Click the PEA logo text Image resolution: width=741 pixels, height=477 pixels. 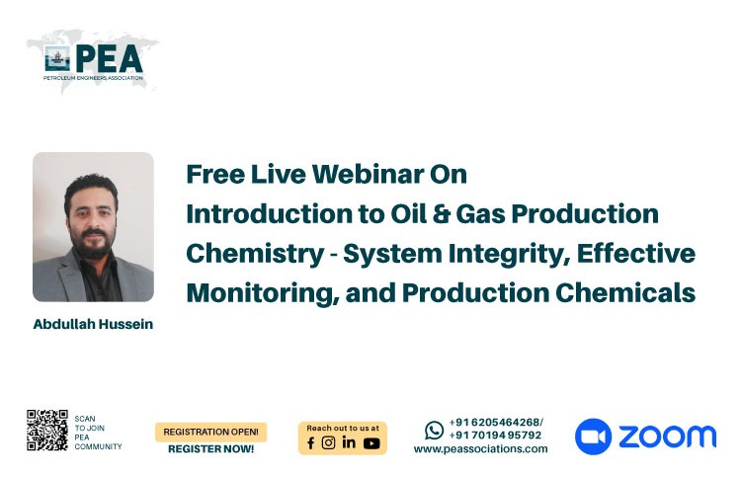[x=109, y=58]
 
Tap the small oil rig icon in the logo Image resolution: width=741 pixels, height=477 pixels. [x=57, y=58]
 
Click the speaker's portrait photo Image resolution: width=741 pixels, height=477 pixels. [x=93, y=227]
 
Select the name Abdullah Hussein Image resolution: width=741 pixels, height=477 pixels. [x=93, y=324]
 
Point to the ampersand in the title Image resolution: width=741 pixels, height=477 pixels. [x=441, y=213]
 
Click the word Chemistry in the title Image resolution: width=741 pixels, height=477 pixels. [x=255, y=255]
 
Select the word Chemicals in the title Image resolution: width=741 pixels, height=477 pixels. [x=625, y=292]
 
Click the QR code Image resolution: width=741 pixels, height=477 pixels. [x=47, y=431]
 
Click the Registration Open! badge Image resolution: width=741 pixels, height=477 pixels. [x=210, y=432]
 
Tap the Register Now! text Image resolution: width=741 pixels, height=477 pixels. [x=210, y=449]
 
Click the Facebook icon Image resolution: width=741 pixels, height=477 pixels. [x=310, y=443]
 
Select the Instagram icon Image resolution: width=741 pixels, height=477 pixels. [x=328, y=442]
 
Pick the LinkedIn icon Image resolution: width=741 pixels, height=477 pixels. [x=349, y=442]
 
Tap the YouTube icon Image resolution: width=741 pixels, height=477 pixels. [x=371, y=443]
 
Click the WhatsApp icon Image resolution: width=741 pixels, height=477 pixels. [x=434, y=431]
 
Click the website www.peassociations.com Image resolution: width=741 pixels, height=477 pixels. [x=480, y=449]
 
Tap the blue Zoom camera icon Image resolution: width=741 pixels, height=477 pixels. [x=593, y=437]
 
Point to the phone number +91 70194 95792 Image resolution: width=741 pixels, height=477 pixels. [x=495, y=435]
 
